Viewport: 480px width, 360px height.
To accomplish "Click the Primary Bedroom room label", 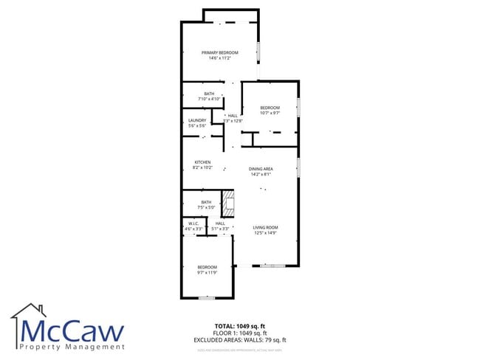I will [220, 52].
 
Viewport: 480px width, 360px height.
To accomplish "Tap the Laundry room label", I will [197, 120].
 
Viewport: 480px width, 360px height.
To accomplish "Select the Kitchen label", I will [202, 162].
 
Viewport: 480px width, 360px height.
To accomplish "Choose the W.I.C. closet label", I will [193, 223].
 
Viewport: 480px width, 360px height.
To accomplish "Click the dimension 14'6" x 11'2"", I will [220, 58].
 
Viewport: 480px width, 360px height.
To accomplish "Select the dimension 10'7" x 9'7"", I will [270, 114].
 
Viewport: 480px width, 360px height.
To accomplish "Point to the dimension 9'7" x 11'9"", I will [207, 273].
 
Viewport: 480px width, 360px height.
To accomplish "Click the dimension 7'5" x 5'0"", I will [206, 207].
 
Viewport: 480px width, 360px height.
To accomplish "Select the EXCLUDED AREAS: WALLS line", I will [250, 339].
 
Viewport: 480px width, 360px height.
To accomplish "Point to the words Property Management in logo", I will [72, 346].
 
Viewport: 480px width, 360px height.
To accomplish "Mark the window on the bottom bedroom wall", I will [207, 297].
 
